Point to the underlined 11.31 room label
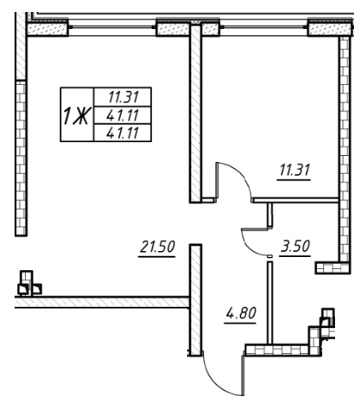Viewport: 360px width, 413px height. (294, 169)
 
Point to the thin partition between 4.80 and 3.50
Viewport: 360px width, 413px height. (270, 300)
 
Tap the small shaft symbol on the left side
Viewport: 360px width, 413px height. (28, 282)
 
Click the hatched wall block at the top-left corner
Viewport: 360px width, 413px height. (46, 30)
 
